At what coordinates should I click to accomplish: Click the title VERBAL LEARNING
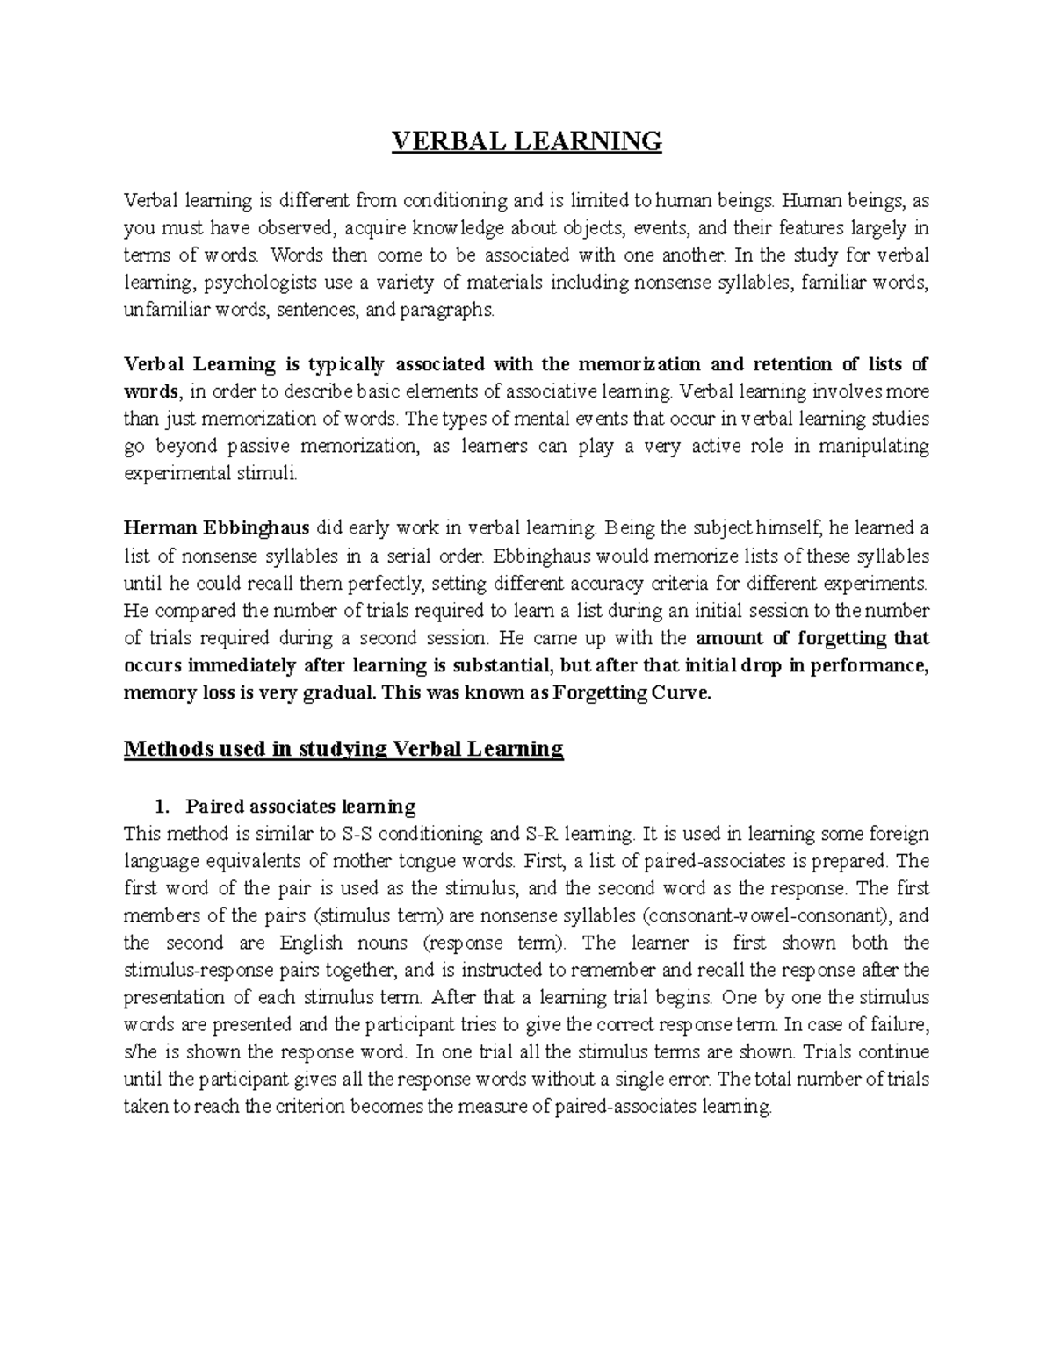(526, 141)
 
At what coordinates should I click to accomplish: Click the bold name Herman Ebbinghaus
(216, 528)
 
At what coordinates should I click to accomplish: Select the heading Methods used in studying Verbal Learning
(343, 749)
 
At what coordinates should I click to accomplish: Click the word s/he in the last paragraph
(141, 1052)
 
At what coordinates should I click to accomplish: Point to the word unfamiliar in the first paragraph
(160, 310)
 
